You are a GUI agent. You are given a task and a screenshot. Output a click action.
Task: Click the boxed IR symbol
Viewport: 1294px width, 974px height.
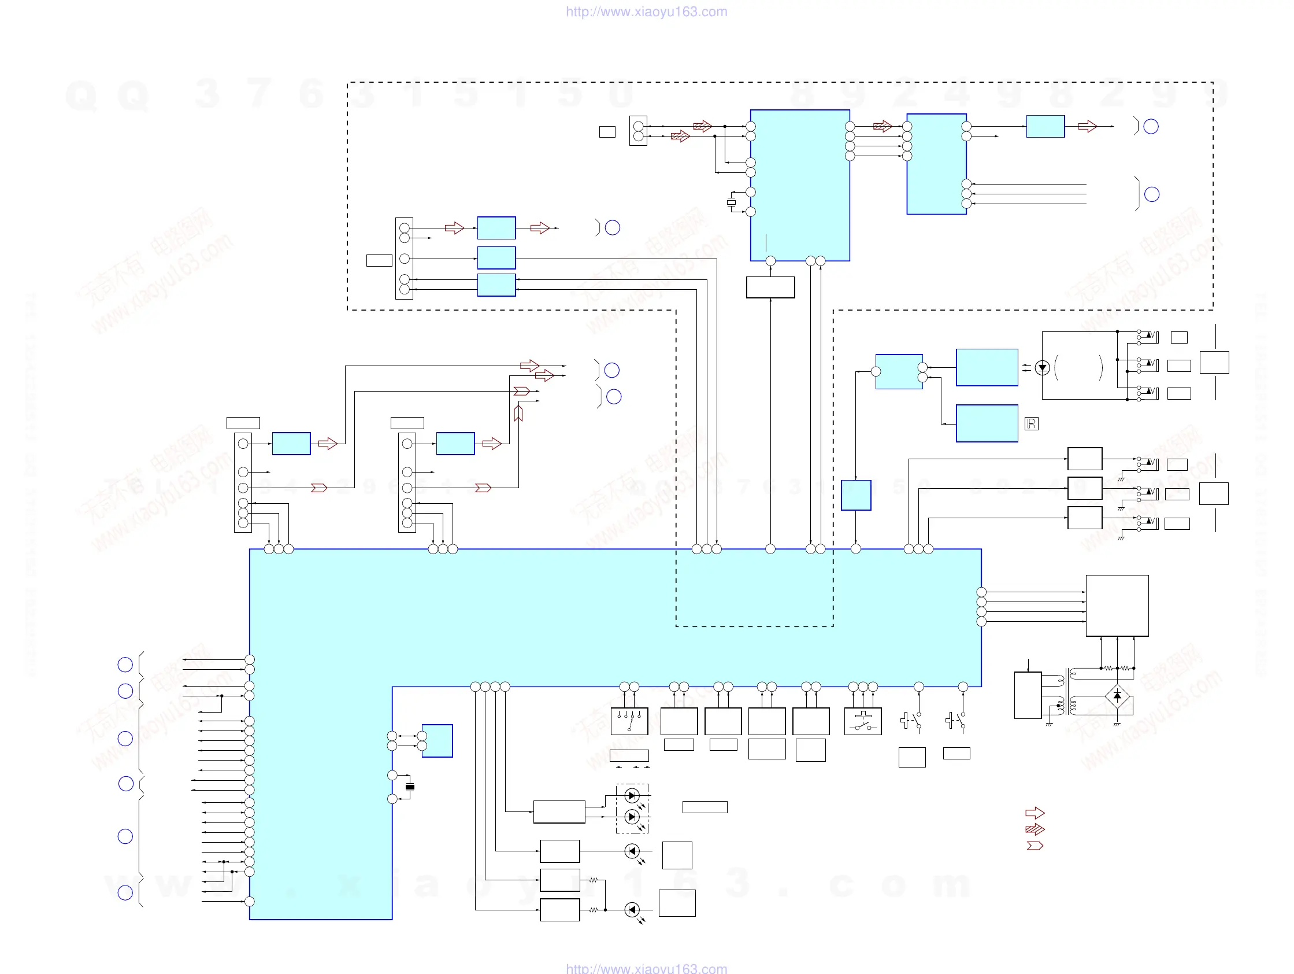tap(1032, 424)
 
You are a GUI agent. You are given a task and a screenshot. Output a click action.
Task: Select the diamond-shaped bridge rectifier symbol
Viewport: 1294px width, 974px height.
tap(1117, 696)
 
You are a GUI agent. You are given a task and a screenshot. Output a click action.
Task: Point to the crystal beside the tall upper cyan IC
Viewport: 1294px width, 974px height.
tap(731, 202)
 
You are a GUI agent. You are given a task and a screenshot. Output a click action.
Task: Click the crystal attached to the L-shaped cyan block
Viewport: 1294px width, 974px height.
tap(410, 787)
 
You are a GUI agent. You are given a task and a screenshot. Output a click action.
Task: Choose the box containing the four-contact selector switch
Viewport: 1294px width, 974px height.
tap(629, 721)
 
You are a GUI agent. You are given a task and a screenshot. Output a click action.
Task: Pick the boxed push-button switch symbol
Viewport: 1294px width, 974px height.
tap(863, 721)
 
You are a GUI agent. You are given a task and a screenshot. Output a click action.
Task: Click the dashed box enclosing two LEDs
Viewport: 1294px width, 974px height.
tap(632, 808)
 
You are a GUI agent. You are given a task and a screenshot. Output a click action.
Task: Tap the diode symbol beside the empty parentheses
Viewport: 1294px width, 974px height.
tap(1042, 368)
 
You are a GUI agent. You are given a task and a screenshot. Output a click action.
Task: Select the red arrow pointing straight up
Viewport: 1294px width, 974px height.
tap(518, 413)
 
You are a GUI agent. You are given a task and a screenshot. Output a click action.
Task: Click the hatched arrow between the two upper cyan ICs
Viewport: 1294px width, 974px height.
tap(882, 126)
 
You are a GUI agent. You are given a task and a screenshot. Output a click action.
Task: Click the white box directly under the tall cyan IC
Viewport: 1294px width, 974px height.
tap(770, 287)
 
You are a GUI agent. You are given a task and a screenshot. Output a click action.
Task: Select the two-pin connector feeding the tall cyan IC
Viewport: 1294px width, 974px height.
tap(638, 131)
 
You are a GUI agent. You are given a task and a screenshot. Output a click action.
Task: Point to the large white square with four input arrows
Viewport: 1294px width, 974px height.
tap(1117, 605)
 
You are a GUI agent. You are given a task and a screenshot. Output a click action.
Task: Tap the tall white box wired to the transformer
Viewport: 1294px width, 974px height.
tap(1027, 695)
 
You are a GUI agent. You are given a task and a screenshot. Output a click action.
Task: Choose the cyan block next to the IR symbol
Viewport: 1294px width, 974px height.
tap(987, 423)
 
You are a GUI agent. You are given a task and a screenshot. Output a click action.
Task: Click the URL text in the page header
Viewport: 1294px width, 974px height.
tap(646, 12)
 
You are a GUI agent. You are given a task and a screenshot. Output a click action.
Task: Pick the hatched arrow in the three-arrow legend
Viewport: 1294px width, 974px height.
tap(1035, 829)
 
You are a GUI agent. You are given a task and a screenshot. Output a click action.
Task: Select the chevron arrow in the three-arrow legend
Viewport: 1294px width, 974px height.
tap(1035, 845)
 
